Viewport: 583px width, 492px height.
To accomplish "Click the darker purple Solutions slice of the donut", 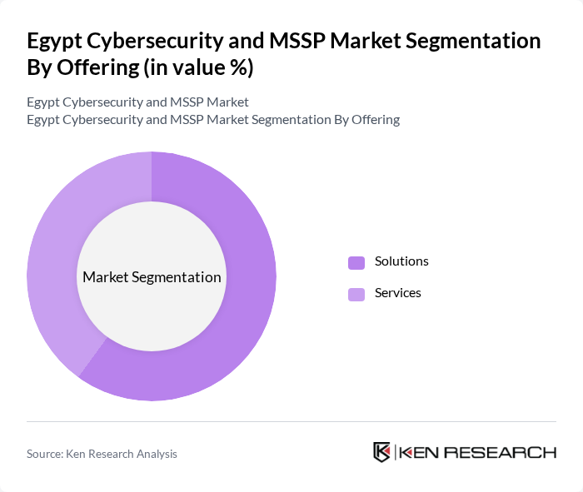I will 242,316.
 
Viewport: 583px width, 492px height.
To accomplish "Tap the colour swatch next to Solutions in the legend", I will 356,262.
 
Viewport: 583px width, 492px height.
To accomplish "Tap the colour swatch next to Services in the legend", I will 356,294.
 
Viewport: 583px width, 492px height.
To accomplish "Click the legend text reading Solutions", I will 401,261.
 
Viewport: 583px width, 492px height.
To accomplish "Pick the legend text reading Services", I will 398,293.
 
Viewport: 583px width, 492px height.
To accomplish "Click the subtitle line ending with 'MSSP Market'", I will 137,102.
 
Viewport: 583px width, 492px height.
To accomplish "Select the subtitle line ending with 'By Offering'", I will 212,119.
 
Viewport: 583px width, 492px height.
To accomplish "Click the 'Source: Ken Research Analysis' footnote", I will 102,454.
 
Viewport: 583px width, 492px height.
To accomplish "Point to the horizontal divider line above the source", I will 291,422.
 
